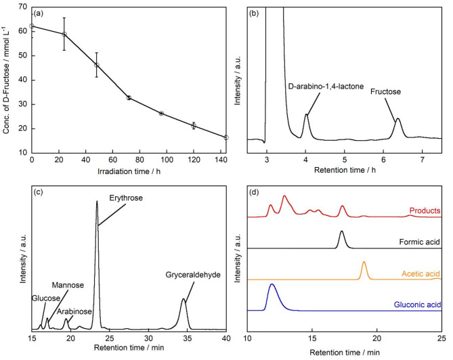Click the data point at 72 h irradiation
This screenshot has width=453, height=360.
point(129,97)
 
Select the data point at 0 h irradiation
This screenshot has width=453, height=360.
point(32,26)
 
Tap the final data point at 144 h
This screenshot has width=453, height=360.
point(226,137)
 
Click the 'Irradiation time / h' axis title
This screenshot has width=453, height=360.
point(129,171)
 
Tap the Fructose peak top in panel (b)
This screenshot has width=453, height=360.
point(398,119)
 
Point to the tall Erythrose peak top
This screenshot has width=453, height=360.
point(97,202)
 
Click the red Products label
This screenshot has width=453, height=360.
point(425,211)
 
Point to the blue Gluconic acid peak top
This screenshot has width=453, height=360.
point(272,284)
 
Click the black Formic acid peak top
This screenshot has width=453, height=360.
point(342,231)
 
